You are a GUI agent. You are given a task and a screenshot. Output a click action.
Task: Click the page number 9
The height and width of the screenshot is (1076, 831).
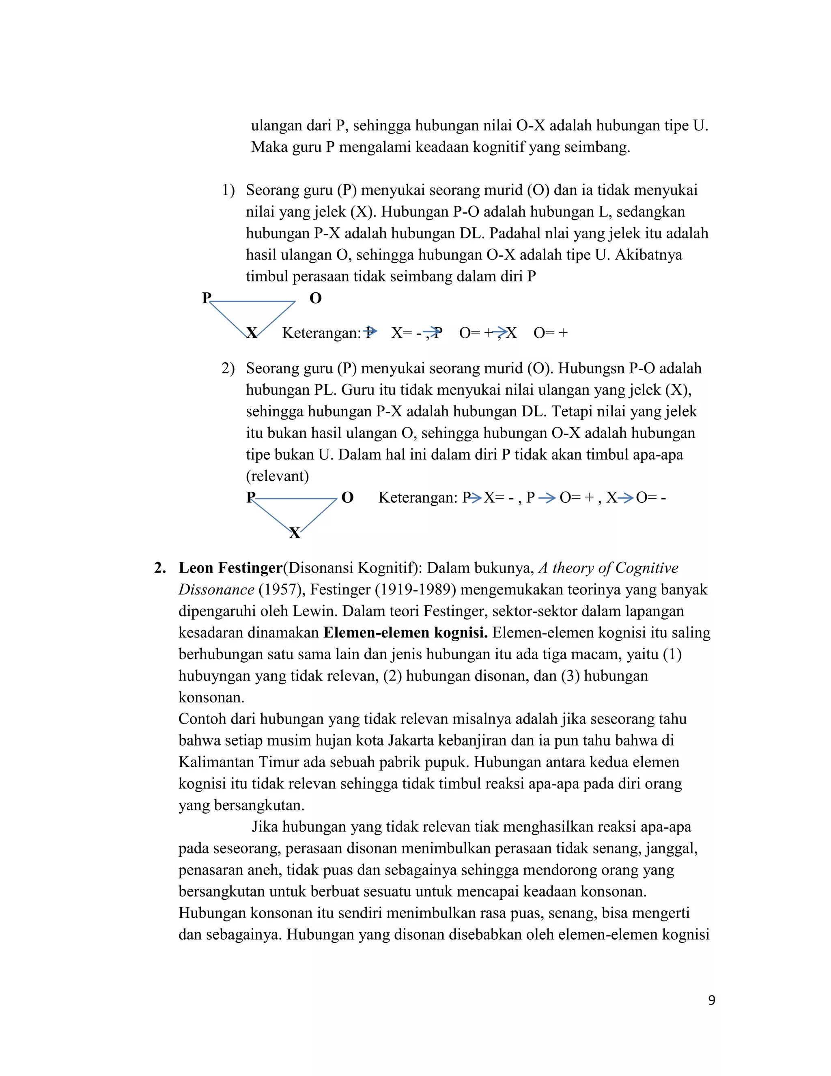pos(711,1000)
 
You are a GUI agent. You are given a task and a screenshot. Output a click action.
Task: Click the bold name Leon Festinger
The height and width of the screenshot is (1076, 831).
pos(230,568)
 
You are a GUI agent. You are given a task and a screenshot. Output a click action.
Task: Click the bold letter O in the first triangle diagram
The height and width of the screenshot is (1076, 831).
pos(316,298)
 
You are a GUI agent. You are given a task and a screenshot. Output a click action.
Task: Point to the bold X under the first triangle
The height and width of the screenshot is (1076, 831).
pos(252,333)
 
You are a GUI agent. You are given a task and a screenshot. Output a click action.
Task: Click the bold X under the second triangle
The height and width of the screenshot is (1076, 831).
pos(295,533)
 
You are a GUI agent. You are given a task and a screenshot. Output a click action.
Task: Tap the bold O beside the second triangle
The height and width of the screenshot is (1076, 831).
pos(348,498)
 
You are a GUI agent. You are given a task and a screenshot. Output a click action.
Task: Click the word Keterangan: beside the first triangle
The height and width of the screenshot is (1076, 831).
pos(321,333)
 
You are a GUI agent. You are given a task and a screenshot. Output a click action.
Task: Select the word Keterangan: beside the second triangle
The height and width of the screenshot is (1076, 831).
pos(418,498)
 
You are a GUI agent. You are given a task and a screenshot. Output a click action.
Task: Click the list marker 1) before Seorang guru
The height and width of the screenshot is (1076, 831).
pos(228,190)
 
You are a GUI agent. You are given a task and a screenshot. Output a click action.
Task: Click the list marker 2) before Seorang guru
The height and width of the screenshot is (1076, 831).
pos(228,369)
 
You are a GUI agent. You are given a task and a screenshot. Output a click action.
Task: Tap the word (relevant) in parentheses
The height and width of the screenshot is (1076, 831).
pos(277,476)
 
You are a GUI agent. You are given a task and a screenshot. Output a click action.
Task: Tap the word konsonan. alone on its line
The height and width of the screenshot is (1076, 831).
pos(211,698)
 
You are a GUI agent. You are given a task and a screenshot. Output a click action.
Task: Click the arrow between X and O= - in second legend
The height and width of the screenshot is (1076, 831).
pos(626,498)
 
